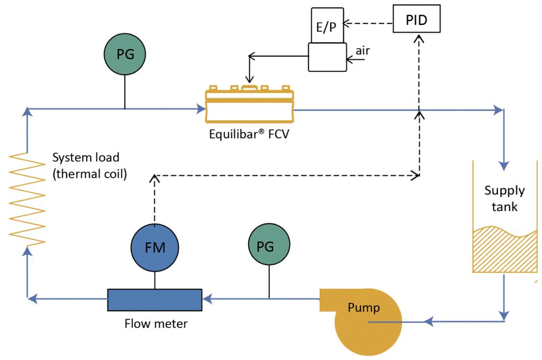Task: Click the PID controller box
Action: click(417, 20)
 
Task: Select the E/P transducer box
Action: click(327, 25)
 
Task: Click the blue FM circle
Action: click(155, 247)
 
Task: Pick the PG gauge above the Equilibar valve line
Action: click(124, 54)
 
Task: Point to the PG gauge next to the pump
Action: click(269, 247)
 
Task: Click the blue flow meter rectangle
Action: click(155, 300)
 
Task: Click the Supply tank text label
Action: click(504, 198)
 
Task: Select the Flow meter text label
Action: click(156, 323)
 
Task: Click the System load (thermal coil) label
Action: click(89, 165)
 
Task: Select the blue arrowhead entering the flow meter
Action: click(206, 300)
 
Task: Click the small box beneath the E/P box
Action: click(327, 57)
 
